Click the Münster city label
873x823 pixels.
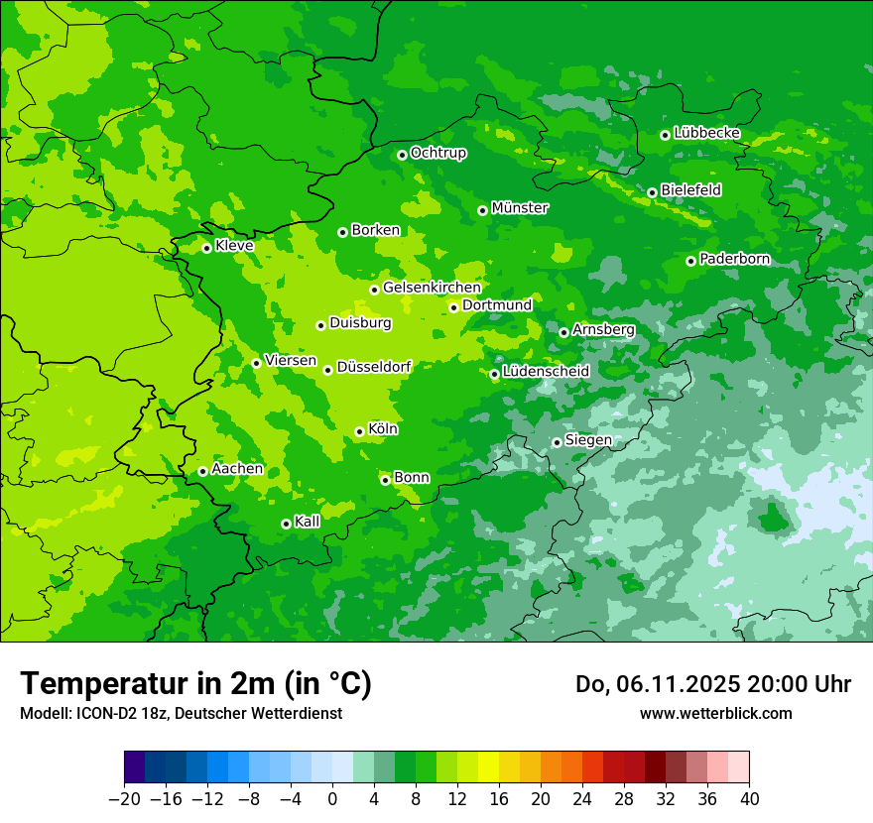coord(520,208)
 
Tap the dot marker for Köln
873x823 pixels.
coord(359,431)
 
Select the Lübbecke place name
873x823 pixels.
coord(706,133)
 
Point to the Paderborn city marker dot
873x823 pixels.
coord(690,261)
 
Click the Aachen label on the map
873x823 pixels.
coord(237,469)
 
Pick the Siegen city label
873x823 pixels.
coord(588,440)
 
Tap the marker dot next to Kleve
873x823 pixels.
coord(206,248)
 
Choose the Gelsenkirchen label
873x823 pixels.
coord(432,288)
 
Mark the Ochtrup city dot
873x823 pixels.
coord(402,155)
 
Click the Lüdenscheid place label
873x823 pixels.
coord(546,372)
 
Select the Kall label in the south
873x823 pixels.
coord(308,522)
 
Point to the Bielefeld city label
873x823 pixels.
coord(690,189)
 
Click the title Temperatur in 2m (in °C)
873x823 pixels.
coord(195,684)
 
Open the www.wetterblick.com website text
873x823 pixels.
coord(715,713)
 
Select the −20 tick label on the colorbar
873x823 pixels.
coord(124,799)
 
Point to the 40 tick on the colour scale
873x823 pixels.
coord(749,799)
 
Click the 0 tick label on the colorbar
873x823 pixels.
coord(332,799)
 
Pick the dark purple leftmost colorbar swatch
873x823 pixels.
coord(134,767)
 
